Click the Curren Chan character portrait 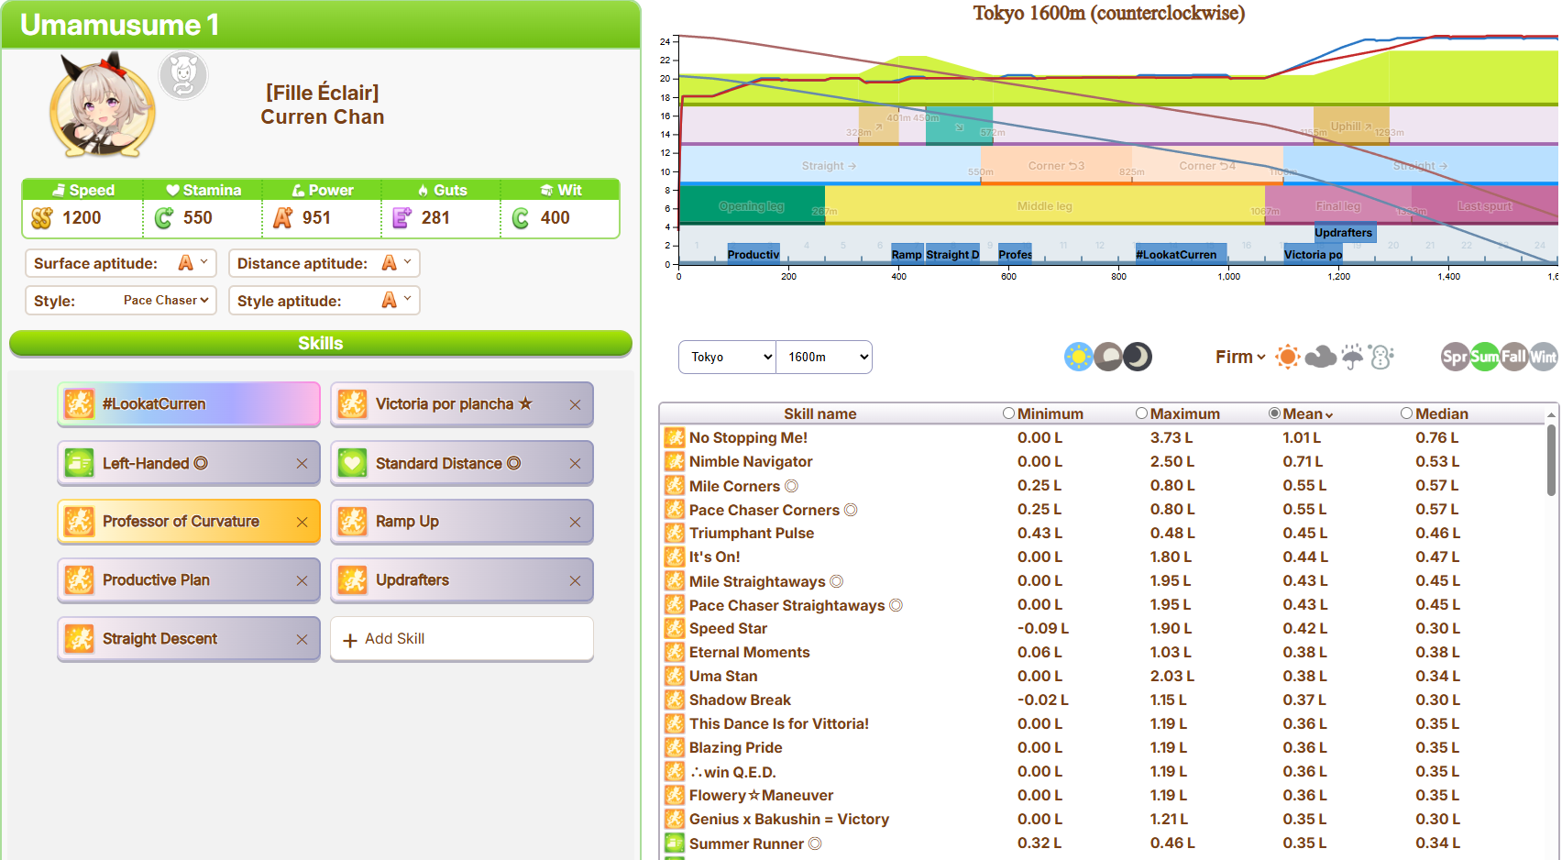(x=102, y=106)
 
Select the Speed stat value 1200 (x=82, y=218)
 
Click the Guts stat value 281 (x=435, y=218)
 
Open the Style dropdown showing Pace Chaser (x=166, y=301)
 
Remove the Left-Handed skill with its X (x=302, y=464)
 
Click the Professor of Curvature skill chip (x=181, y=522)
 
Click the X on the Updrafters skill (x=575, y=580)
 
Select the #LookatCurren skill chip (x=188, y=404)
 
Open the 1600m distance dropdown (x=824, y=358)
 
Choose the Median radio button (x=1406, y=413)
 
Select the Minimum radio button (x=1008, y=413)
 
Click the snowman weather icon (x=1381, y=357)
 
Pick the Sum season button (x=1484, y=357)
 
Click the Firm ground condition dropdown (x=1239, y=357)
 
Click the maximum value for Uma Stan (x=1171, y=677)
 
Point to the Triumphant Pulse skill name (x=751, y=534)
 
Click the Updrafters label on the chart (x=1344, y=233)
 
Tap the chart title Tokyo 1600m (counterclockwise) (x=1108, y=14)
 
